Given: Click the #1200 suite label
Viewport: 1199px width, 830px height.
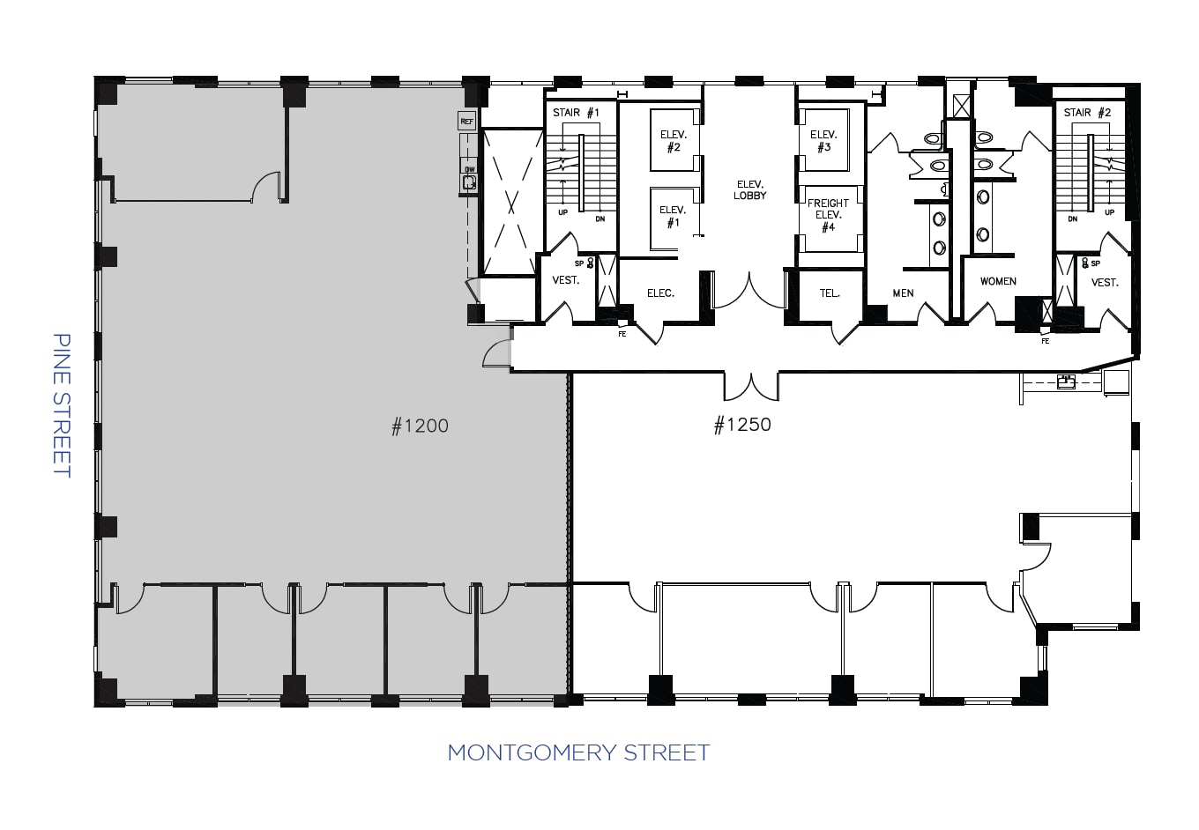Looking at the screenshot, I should (x=420, y=426).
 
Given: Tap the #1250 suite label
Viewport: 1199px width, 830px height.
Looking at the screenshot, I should (x=741, y=425).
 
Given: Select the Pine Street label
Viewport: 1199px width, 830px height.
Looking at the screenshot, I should (x=61, y=404).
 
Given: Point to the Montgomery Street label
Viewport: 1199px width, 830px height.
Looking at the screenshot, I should (x=578, y=752).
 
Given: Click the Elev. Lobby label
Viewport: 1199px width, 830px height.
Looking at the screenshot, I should (x=749, y=189).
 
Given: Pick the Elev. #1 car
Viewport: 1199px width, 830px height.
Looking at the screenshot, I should (x=673, y=217).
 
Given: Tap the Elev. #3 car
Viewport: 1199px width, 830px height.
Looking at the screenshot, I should (x=823, y=140).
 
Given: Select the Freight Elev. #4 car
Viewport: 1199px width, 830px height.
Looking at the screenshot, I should (x=828, y=216).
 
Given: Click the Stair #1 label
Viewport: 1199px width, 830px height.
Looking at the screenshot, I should (x=576, y=113).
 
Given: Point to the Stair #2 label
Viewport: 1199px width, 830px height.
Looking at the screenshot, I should (x=1087, y=113).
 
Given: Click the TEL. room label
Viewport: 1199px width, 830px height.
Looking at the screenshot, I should (x=830, y=293).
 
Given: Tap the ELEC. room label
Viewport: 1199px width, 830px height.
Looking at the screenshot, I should (x=660, y=293).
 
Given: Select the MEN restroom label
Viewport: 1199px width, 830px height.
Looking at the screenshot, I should (x=903, y=293).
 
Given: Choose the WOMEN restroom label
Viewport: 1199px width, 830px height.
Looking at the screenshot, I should (x=998, y=282).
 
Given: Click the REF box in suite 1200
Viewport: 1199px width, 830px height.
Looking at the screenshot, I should (x=466, y=121).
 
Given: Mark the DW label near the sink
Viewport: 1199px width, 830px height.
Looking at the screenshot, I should (x=469, y=169).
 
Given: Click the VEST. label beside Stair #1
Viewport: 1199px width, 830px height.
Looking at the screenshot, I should (x=565, y=280).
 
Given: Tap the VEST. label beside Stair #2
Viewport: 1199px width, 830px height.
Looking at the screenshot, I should (x=1104, y=283).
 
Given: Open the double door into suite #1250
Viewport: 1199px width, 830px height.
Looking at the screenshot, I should (x=751, y=386).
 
